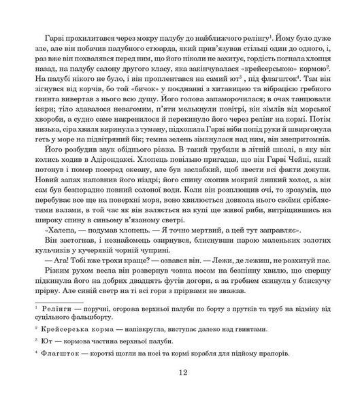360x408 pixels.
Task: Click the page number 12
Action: coord(180,373)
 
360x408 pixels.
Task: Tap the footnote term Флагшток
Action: coord(60,354)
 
